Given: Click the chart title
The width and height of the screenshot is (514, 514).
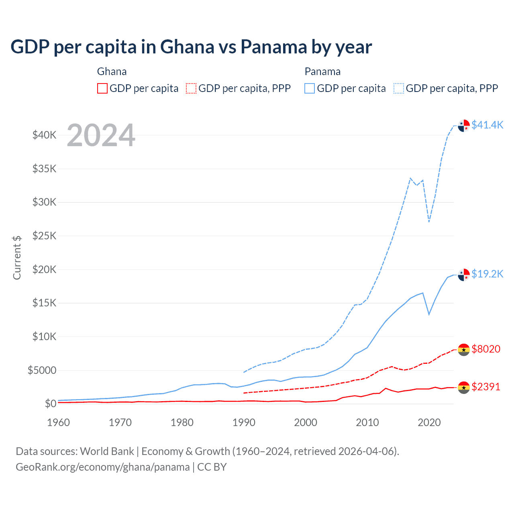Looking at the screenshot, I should [191, 47].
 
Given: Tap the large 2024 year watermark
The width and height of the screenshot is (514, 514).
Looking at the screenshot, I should [101, 135].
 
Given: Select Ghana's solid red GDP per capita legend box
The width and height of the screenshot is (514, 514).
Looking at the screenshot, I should [102, 88].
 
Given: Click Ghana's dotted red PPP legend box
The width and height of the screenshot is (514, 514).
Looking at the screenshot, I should [191, 88].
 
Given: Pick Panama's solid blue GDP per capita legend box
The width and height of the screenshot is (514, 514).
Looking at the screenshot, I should [310, 88].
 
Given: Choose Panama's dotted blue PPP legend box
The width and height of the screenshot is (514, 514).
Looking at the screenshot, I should [399, 88].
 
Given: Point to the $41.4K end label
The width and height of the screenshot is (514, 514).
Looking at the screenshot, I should [487, 125].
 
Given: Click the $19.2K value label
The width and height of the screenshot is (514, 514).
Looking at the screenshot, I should [487, 274].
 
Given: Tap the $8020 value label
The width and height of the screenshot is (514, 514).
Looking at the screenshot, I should [486, 349].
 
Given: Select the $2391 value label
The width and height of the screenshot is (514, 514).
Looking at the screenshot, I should [486, 387].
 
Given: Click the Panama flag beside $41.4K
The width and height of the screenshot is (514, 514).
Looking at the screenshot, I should [464, 125].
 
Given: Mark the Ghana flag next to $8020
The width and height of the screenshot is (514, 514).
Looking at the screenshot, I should [464, 349].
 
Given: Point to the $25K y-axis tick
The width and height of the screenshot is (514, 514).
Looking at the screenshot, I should [45, 236].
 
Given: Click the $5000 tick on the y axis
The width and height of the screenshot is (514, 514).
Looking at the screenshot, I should [42, 370].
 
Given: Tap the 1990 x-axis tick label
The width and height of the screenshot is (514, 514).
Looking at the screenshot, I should [244, 422].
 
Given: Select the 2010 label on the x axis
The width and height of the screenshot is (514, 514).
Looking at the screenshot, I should [367, 422].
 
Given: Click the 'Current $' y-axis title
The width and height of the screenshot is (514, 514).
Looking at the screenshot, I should [17, 257].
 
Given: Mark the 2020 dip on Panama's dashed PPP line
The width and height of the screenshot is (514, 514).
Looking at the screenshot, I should [429, 221].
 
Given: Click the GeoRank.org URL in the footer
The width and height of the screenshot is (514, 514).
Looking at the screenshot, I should [102, 467].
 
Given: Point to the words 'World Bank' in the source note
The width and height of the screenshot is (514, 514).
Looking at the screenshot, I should [107, 451].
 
